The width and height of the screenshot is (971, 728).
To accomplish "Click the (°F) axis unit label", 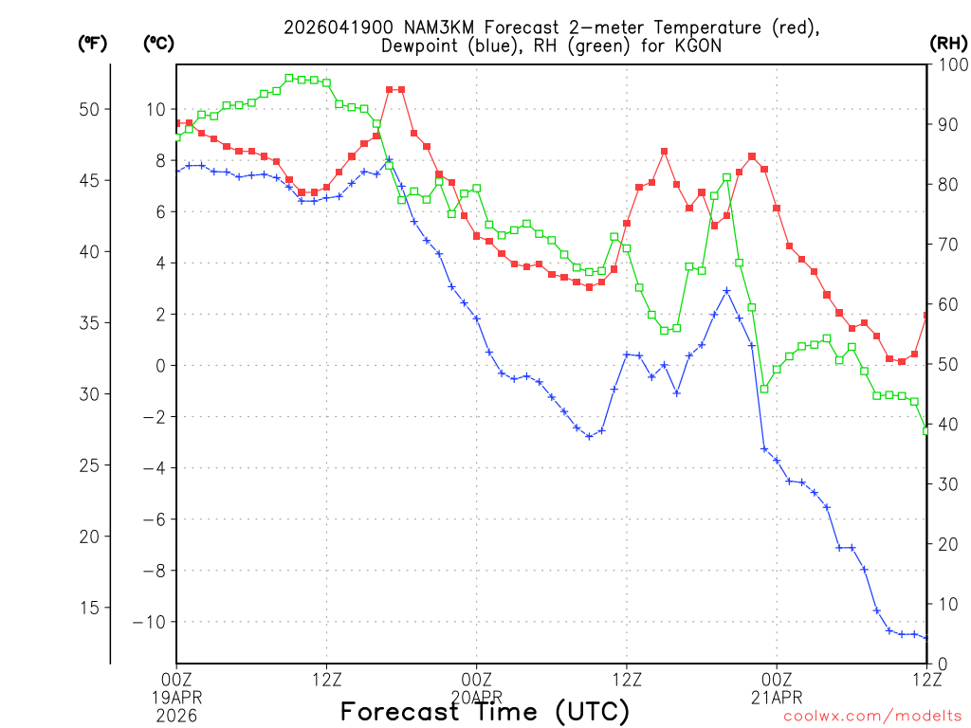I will coord(92,43).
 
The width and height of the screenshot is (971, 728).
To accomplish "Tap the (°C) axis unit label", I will coord(158,43).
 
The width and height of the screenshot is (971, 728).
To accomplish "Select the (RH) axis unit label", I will coord(947,43).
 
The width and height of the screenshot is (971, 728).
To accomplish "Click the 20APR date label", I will coord(476,695).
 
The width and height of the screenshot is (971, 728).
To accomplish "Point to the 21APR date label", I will coord(777,695).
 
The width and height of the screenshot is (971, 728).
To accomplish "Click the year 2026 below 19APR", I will coord(176,712).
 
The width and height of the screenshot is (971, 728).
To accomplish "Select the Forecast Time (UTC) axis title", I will coord(485,711).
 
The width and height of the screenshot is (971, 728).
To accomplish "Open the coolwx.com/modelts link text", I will coord(872,716).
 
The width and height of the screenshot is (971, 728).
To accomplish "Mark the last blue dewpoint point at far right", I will coord(926,637).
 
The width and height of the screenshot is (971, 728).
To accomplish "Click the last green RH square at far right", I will coord(926,431).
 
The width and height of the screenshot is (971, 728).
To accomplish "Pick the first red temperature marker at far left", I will coord(177,123).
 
